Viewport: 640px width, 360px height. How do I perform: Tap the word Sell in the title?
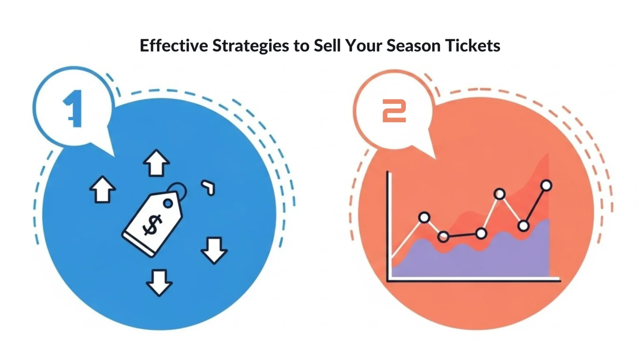[327, 45]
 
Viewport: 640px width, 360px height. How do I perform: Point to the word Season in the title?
[413, 45]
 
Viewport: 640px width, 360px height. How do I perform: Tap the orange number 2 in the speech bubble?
[394, 111]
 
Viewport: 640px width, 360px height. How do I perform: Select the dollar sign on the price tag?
[152, 225]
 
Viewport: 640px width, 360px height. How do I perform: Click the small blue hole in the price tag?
[168, 203]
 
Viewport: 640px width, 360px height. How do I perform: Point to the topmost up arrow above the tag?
[156, 163]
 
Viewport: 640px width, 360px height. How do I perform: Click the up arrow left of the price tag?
[102, 190]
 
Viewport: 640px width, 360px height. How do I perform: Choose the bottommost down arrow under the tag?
[159, 282]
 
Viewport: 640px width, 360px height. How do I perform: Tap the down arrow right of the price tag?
[214, 250]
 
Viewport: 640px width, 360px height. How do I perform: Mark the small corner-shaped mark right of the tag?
[209, 187]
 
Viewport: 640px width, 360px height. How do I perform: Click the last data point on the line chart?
[546, 185]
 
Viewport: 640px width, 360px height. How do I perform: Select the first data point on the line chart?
[424, 217]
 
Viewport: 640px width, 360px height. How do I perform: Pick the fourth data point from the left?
[500, 194]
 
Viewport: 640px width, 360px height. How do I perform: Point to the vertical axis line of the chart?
[389, 225]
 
